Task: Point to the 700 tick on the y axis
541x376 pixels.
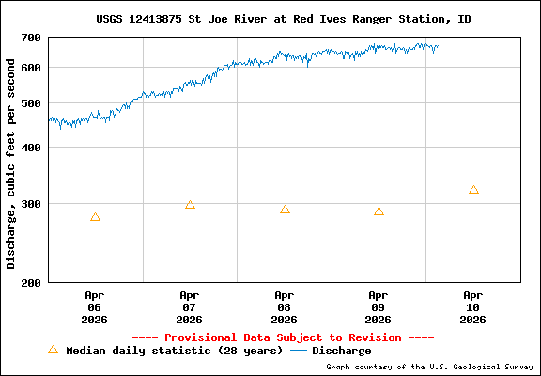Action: pyautogui.click(x=31, y=38)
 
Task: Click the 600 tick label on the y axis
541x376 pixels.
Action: pyautogui.click(x=31, y=68)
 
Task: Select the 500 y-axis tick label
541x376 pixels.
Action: pyautogui.click(x=31, y=103)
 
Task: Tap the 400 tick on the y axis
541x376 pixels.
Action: pyautogui.click(x=31, y=148)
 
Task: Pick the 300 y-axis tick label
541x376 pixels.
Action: pyautogui.click(x=31, y=204)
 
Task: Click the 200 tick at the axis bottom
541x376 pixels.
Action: pyautogui.click(x=31, y=282)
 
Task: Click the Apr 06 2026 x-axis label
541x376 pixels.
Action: pyautogui.click(x=95, y=307)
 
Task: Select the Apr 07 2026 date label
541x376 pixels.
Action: pyautogui.click(x=190, y=307)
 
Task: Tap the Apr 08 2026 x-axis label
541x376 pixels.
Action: pyautogui.click(x=285, y=307)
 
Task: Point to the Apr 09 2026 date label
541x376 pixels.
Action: pyautogui.click(x=379, y=307)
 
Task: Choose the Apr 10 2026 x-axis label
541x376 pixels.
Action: pyautogui.click(x=473, y=307)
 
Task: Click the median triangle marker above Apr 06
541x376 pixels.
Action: pyautogui.click(x=95, y=217)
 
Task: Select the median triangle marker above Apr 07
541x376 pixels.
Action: pyautogui.click(x=190, y=205)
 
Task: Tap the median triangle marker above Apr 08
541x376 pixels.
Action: pyautogui.click(x=285, y=210)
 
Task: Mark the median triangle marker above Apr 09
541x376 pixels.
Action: pyautogui.click(x=379, y=211)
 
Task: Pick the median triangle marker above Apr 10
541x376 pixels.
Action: pyautogui.click(x=473, y=190)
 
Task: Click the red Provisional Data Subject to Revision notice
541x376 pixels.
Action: pyautogui.click(x=283, y=337)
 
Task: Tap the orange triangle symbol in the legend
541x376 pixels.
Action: pyautogui.click(x=53, y=350)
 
